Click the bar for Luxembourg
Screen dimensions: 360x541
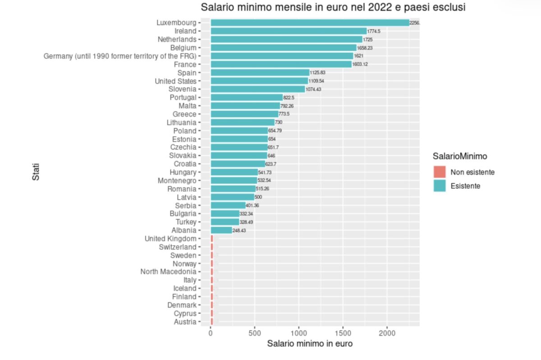click(x=310, y=23)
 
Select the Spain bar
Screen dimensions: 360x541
click(x=260, y=73)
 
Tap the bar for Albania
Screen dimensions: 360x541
click(x=221, y=230)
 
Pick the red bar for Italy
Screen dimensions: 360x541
click(x=211, y=280)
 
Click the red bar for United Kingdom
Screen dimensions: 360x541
click(x=211, y=239)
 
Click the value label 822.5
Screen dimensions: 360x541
click(x=289, y=97)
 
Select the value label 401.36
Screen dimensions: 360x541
click(x=252, y=205)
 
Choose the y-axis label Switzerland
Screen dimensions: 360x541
click(x=178, y=247)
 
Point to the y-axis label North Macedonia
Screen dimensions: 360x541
click(x=168, y=272)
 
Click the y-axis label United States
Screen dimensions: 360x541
click(x=175, y=81)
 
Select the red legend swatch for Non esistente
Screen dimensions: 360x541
click(x=439, y=172)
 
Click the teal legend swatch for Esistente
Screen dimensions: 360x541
click(x=439, y=185)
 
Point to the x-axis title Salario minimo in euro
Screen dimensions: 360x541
click(x=310, y=344)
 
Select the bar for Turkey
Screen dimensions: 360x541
click(x=225, y=222)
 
